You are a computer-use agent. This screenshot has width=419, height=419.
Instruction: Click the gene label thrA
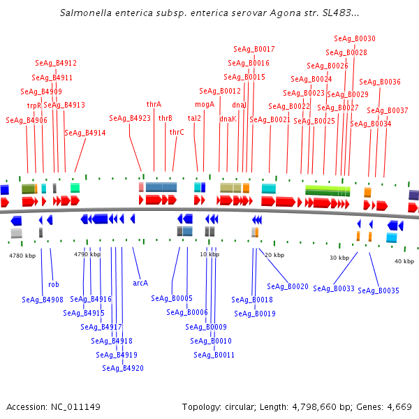pyautogui.click(x=154, y=104)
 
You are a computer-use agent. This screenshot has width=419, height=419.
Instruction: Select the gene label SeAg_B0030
pyautogui.click(x=355, y=38)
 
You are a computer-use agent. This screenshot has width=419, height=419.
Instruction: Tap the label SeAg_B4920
pyautogui.click(x=122, y=368)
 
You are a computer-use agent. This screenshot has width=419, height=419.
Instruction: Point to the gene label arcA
pyautogui.click(x=140, y=283)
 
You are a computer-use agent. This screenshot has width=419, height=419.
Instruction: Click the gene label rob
pyautogui.click(x=54, y=284)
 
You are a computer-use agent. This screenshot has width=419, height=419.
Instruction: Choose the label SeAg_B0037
pyautogui.click(x=388, y=110)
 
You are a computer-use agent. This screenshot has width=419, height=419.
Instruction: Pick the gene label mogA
pyautogui.click(x=205, y=104)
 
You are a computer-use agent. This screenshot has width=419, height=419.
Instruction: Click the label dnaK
pyautogui.click(x=228, y=119)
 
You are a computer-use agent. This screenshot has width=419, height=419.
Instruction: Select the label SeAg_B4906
pyautogui.click(x=27, y=120)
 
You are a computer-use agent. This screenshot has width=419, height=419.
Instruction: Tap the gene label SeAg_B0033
pyautogui.click(x=334, y=288)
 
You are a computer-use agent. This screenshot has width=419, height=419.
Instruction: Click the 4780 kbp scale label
pyautogui.click(x=22, y=256)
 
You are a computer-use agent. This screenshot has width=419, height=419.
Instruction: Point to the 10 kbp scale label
pyautogui.click(x=209, y=254)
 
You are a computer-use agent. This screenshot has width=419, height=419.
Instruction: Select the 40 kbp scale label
pyautogui.click(x=404, y=261)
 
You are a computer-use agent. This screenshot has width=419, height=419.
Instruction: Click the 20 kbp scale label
pyautogui.click(x=274, y=255)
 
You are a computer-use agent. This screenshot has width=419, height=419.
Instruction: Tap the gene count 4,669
pyautogui.click(x=398, y=406)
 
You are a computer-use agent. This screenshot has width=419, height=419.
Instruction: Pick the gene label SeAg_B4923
pyautogui.click(x=130, y=118)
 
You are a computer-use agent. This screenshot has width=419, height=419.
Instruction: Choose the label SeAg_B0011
pyautogui.click(x=214, y=355)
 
